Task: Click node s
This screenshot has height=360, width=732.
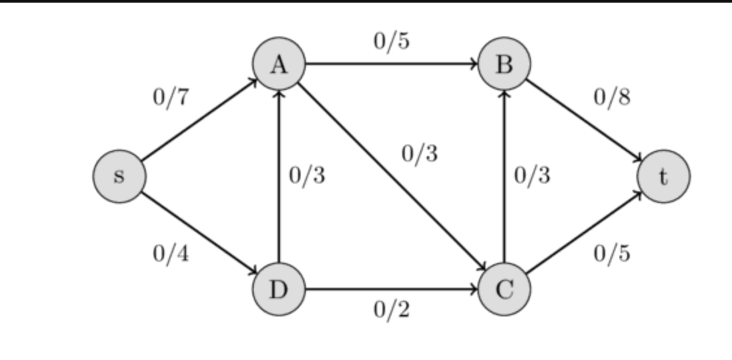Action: (x=118, y=176)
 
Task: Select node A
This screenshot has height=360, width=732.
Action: (x=279, y=64)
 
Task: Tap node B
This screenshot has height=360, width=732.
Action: (x=504, y=64)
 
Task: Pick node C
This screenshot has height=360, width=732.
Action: (x=504, y=289)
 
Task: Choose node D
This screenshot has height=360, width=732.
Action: (x=279, y=289)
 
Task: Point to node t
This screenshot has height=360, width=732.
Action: (x=663, y=176)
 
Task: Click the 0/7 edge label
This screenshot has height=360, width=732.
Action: (x=170, y=98)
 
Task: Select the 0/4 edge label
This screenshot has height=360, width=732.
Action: (x=170, y=254)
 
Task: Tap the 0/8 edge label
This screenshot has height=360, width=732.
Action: (x=612, y=98)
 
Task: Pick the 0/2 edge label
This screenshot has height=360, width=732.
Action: (x=392, y=311)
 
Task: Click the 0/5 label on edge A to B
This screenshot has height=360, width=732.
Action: (x=392, y=42)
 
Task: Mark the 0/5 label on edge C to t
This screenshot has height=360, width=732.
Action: (x=612, y=254)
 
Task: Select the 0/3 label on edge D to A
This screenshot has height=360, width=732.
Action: (x=307, y=176)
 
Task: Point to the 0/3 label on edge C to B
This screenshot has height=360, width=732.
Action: (x=532, y=176)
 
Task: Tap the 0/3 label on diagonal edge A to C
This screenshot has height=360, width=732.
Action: (x=420, y=154)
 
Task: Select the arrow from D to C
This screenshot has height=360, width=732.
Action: (x=392, y=289)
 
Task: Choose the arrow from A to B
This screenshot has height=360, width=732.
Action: (x=392, y=64)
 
